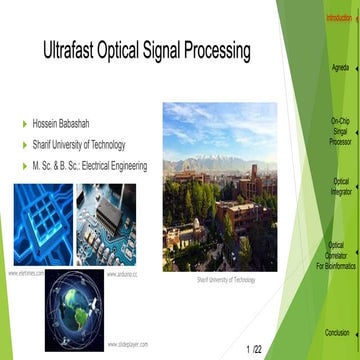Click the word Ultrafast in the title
[75, 50]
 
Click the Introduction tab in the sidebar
[340, 18]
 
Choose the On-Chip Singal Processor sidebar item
[340, 130]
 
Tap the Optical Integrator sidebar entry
[341, 187]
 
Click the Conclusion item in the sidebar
[338, 333]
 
